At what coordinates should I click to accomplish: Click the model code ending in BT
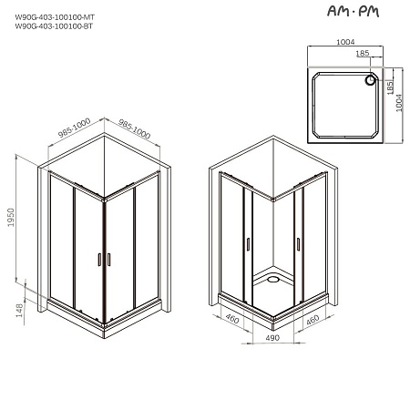[55, 27]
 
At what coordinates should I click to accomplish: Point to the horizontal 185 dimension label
[363, 53]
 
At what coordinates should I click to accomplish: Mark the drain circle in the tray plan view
[370, 80]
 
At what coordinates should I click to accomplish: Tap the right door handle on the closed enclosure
[108, 260]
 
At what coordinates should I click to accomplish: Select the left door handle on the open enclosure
[247, 245]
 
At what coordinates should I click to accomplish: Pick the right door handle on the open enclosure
[298, 244]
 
